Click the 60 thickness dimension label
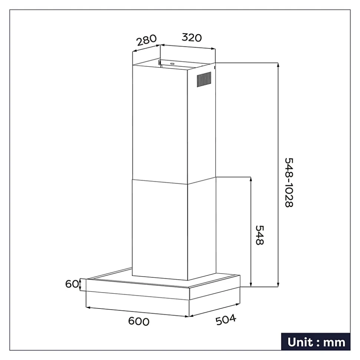pyautogui.click(x=72, y=284)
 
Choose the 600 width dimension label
pyautogui.click(x=138, y=321)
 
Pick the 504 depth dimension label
pyautogui.click(x=226, y=319)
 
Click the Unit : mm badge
pyautogui.click(x=315, y=342)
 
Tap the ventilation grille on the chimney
pyautogui.click(x=203, y=80)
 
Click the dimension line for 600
pyautogui.click(x=137, y=312)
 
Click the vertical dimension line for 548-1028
pyautogui.click(x=278, y=175)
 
